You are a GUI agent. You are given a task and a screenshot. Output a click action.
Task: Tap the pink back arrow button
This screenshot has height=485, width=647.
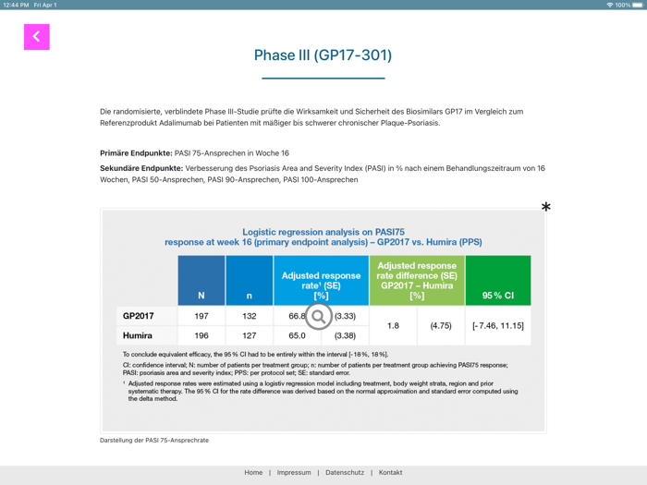pos(37,37)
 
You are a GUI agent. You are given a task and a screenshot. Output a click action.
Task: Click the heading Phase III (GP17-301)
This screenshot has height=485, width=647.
pos(323,55)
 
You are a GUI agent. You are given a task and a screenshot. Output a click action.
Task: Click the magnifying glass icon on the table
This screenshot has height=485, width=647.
pos(318,317)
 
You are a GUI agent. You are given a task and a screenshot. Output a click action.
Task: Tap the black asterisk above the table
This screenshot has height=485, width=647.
pos(545,207)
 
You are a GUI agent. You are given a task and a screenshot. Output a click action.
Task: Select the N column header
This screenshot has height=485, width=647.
pos(201,296)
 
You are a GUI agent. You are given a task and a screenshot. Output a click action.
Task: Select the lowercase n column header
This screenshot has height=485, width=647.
pos(250,296)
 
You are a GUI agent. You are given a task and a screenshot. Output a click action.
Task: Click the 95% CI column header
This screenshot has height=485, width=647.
pos(497,296)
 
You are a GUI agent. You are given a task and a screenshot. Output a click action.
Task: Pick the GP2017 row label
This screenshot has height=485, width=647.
pos(139,316)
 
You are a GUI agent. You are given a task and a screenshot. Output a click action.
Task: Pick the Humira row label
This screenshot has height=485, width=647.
pos(138,335)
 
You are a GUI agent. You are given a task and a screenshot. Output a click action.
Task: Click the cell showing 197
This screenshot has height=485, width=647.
pos(201,316)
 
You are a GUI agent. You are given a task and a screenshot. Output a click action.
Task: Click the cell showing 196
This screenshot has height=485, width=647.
pos(201,335)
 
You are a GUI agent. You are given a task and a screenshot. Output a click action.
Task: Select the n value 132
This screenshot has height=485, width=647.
pos(250,316)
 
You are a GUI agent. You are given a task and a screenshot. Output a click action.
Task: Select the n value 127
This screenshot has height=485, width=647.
pos(250,335)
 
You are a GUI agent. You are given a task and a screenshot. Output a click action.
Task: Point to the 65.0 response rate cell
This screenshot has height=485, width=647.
pos(297,335)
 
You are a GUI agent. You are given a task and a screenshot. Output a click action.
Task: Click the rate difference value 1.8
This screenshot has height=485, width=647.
pos(393,325)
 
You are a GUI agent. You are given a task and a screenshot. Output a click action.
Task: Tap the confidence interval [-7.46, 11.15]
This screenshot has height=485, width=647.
pos(497,325)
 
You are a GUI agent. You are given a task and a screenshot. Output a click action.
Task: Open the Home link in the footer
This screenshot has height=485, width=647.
pos(253,472)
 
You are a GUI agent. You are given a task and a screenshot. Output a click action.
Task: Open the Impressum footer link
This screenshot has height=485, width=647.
pos(294,472)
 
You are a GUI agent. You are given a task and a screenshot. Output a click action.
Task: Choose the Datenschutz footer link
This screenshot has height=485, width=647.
pos(345,472)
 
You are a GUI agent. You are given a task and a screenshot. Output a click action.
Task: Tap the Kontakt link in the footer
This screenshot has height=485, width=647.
pos(390,472)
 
